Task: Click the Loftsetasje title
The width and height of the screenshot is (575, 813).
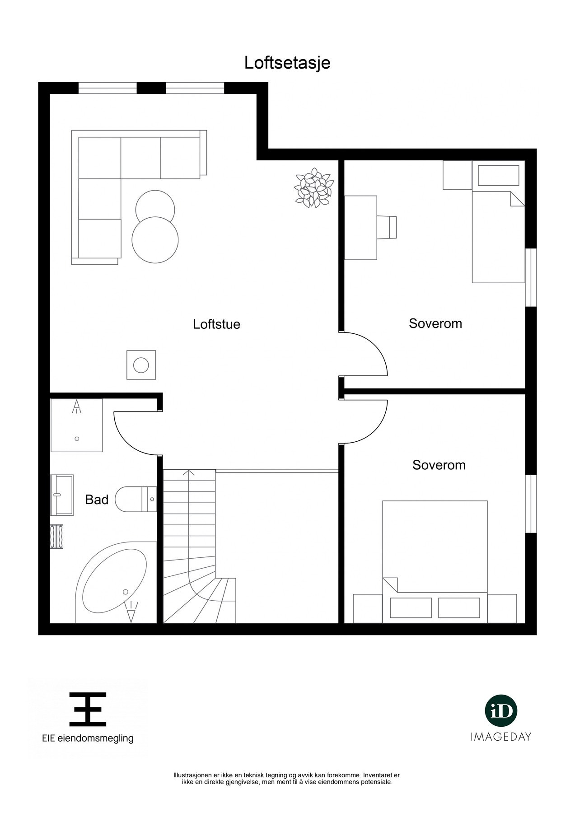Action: [x=287, y=63]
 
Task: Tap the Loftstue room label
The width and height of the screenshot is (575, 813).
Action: [x=216, y=324]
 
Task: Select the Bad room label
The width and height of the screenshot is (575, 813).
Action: [x=97, y=500]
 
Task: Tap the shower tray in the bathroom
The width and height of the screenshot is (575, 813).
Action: [x=76, y=425]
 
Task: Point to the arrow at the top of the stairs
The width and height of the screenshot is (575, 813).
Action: [x=189, y=473]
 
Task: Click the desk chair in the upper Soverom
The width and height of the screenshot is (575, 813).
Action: [x=388, y=227]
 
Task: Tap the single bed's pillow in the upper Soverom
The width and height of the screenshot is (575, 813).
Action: [x=498, y=175]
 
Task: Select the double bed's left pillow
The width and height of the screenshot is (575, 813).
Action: [x=411, y=607]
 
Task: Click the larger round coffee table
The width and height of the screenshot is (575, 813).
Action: [x=155, y=240]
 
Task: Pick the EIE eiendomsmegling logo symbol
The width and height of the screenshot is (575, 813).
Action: [x=88, y=709]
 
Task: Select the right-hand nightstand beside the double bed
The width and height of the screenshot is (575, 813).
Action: [x=502, y=608]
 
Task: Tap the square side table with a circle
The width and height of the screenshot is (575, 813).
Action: [x=141, y=365]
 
